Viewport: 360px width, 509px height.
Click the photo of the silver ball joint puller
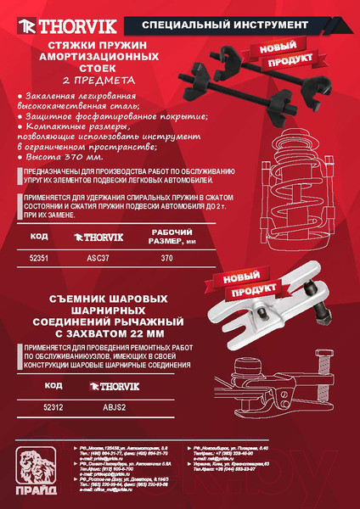(263, 314)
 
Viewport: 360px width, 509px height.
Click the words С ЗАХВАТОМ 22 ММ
(109, 334)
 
